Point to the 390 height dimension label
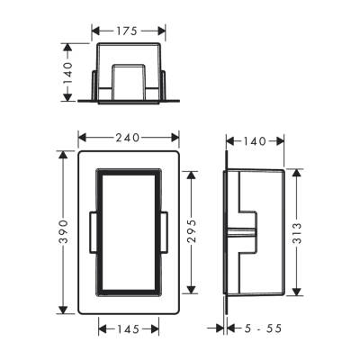(63, 232)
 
